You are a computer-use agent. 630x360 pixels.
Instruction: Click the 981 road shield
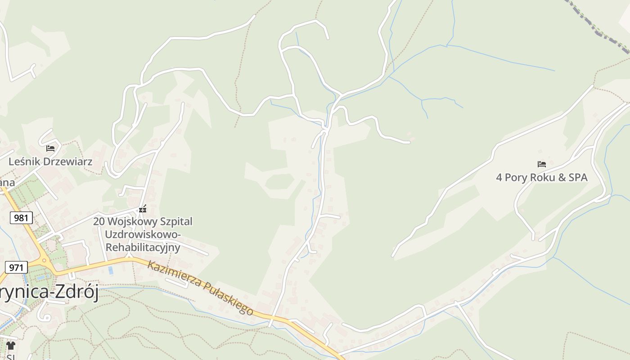coord(21,218)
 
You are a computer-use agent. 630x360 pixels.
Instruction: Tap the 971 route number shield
coord(16,267)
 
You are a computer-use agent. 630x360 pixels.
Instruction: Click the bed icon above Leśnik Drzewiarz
coord(50,148)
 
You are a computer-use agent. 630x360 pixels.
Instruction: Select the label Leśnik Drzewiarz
coord(50,162)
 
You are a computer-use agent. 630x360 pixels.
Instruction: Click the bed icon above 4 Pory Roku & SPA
coord(541,164)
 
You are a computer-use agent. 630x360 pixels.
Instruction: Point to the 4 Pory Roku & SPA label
coord(541,177)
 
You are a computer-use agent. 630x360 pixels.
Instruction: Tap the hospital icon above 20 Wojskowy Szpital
coord(143,209)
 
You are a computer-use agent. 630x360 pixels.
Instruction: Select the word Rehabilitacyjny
coord(143,247)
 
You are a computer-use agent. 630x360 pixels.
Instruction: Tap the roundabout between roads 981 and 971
coord(44,261)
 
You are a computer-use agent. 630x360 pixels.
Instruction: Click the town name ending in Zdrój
coord(49,292)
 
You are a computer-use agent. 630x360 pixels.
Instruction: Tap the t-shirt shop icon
coord(11,346)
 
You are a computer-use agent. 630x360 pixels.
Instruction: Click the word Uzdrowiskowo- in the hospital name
coord(143,234)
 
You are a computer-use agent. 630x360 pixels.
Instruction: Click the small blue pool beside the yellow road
coord(111,270)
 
